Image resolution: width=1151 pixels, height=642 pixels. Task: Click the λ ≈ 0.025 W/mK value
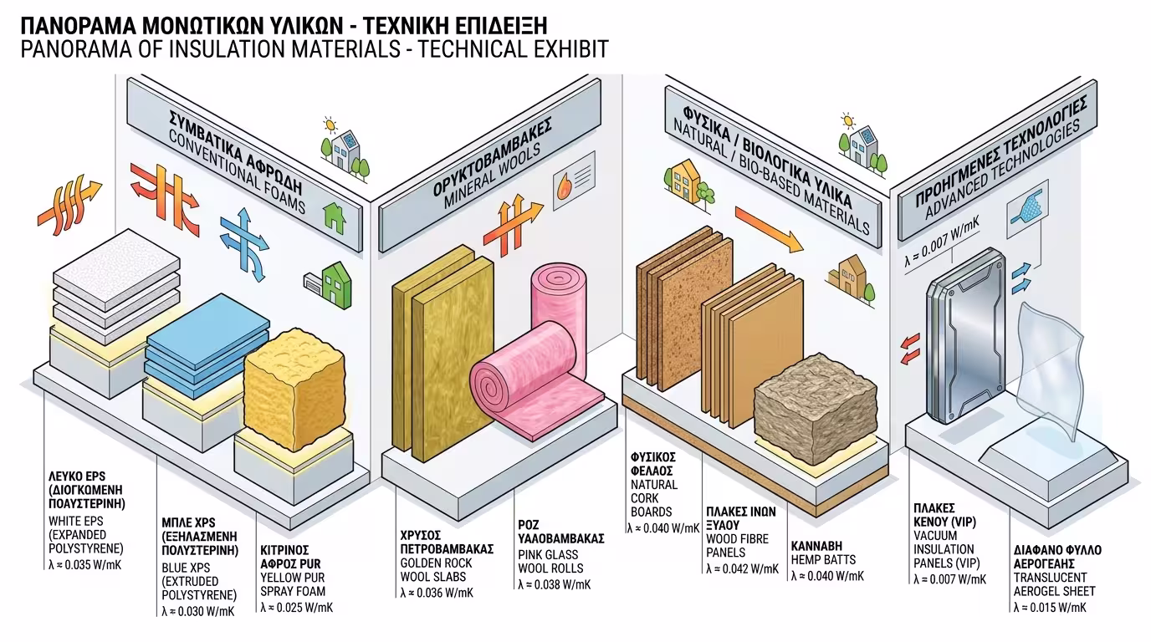(296, 608)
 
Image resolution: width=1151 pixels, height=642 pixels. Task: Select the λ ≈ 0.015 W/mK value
(1049, 607)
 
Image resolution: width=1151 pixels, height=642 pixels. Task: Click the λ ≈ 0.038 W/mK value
(554, 584)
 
